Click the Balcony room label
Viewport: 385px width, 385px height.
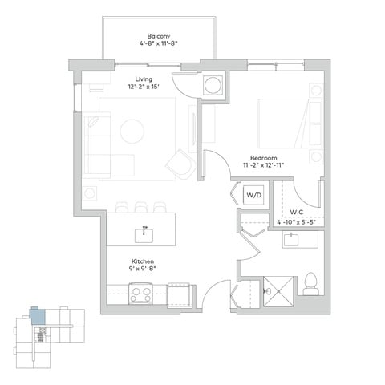(x=159, y=36)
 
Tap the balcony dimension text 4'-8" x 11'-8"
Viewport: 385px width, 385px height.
(x=159, y=43)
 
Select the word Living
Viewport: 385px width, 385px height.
(x=144, y=79)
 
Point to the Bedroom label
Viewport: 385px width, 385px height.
(x=263, y=158)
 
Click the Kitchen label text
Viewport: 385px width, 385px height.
(x=143, y=261)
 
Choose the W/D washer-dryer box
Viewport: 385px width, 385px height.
(x=253, y=195)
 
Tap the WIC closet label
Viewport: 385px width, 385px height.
(x=297, y=213)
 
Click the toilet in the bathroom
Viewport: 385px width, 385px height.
(x=311, y=284)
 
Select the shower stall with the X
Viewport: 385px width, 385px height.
(x=278, y=291)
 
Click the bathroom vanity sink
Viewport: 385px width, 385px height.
(x=291, y=240)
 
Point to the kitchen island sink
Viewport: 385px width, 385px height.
(x=144, y=235)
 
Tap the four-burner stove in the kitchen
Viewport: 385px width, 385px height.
(x=140, y=294)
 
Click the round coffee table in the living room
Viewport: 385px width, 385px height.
(x=132, y=132)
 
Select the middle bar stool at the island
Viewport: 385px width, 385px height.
(x=141, y=207)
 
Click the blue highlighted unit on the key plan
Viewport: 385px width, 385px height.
(x=38, y=316)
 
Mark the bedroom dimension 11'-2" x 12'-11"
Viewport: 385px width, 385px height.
(x=263, y=165)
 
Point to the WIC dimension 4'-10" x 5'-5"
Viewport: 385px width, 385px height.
(x=297, y=222)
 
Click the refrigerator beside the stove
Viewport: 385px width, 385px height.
(x=179, y=295)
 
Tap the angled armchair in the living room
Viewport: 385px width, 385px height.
(x=181, y=164)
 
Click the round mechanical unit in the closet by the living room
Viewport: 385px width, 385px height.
(x=213, y=85)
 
